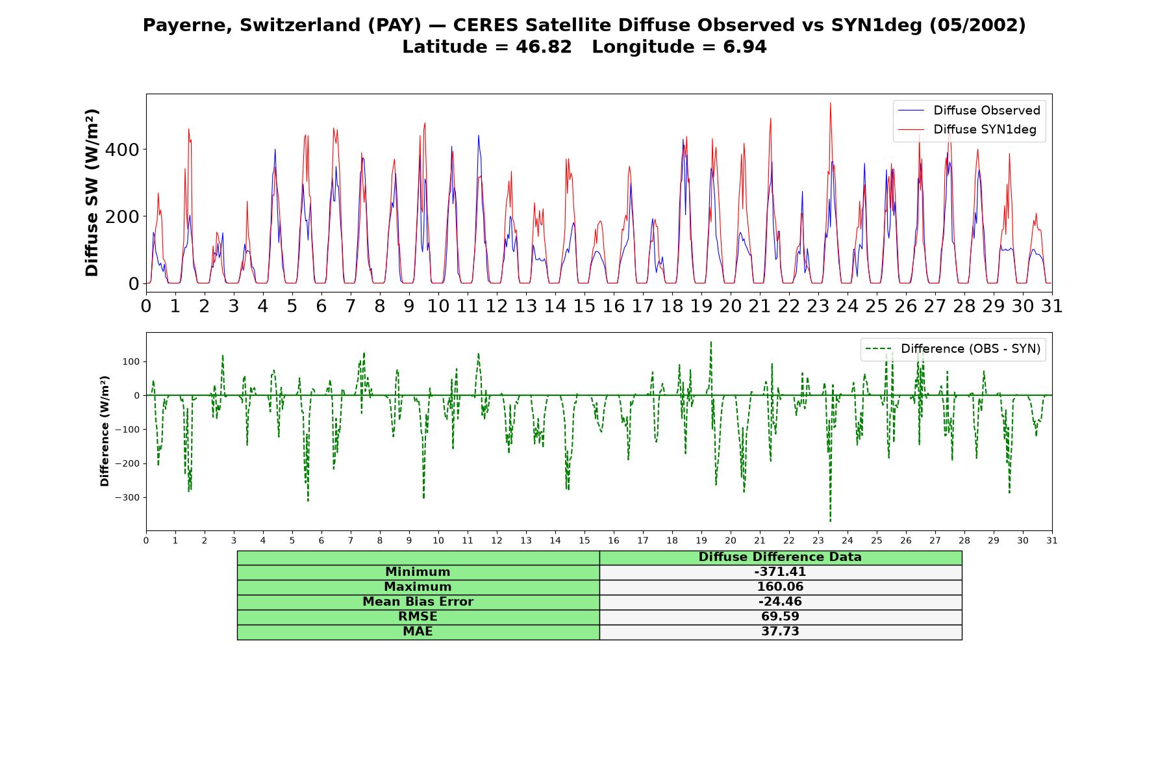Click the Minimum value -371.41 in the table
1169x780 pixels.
click(x=780, y=572)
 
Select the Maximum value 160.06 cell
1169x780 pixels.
click(x=780, y=587)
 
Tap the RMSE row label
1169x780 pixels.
click(x=418, y=616)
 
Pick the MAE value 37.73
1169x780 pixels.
click(x=780, y=631)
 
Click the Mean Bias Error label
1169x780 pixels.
click(x=418, y=601)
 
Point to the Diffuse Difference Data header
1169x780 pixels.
click(x=780, y=557)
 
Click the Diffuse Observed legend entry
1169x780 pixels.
click(x=969, y=110)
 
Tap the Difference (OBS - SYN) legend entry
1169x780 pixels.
click(x=953, y=349)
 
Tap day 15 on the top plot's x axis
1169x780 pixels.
click(x=584, y=306)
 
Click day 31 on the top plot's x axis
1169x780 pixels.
click(x=1052, y=306)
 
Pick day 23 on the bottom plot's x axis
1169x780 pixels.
click(x=818, y=540)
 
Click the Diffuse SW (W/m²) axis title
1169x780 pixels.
click(x=92, y=192)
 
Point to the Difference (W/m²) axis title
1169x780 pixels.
click(x=105, y=431)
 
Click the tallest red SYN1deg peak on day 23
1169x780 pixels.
click(x=830, y=103)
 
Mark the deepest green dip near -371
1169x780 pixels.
click(x=830, y=521)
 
